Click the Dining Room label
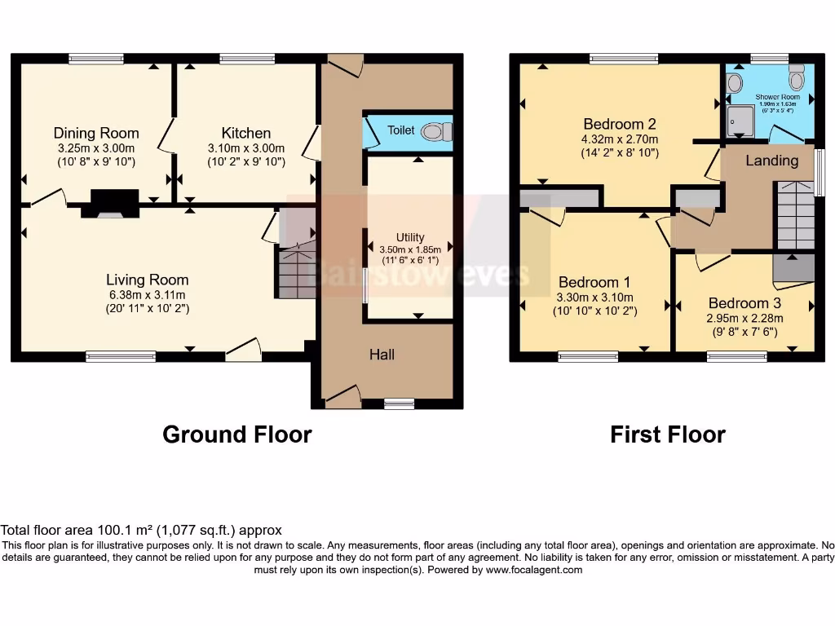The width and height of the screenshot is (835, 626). [96, 133]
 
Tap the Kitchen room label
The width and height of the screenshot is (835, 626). [246, 133]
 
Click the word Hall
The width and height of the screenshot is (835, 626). [382, 355]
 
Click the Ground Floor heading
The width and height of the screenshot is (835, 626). [236, 434]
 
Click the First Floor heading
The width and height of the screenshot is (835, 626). [667, 434]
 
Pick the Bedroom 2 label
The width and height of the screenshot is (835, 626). [620, 124]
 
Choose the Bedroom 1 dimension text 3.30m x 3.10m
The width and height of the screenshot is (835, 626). [595, 298]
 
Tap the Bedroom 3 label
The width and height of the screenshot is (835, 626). [739, 303]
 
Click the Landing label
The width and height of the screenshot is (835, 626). [771, 161]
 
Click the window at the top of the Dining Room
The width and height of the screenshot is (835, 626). [96, 58]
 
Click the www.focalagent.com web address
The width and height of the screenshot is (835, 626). [534, 570]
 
